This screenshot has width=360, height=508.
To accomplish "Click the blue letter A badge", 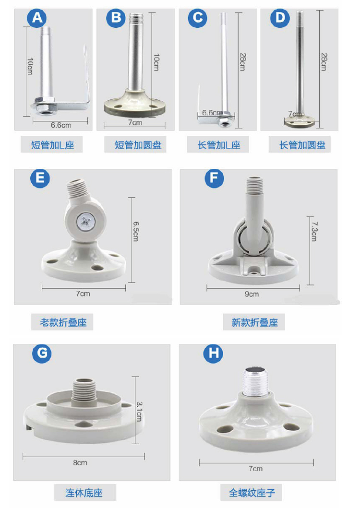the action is [x=36, y=17].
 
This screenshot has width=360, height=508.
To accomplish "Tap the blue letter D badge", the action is [x=280, y=17].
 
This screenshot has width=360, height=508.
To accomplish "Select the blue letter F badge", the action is [x=214, y=178].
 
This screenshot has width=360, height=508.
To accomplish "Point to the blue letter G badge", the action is [x=42, y=353].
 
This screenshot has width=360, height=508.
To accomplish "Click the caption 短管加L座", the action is [x=52, y=145].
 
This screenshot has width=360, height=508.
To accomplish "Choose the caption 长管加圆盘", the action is [x=302, y=145].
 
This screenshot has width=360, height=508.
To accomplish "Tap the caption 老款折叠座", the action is [x=63, y=322].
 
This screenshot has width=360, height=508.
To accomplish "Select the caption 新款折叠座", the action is [x=254, y=322].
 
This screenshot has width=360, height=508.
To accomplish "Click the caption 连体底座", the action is [x=84, y=493].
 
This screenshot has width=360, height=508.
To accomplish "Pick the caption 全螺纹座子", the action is [x=252, y=493].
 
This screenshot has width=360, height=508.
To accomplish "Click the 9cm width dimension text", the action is [x=252, y=294].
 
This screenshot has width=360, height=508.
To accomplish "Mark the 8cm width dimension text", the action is [x=80, y=462].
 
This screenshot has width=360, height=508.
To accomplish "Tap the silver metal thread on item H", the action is [x=255, y=382].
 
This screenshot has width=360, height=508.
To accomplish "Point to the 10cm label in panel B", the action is [x=156, y=62].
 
